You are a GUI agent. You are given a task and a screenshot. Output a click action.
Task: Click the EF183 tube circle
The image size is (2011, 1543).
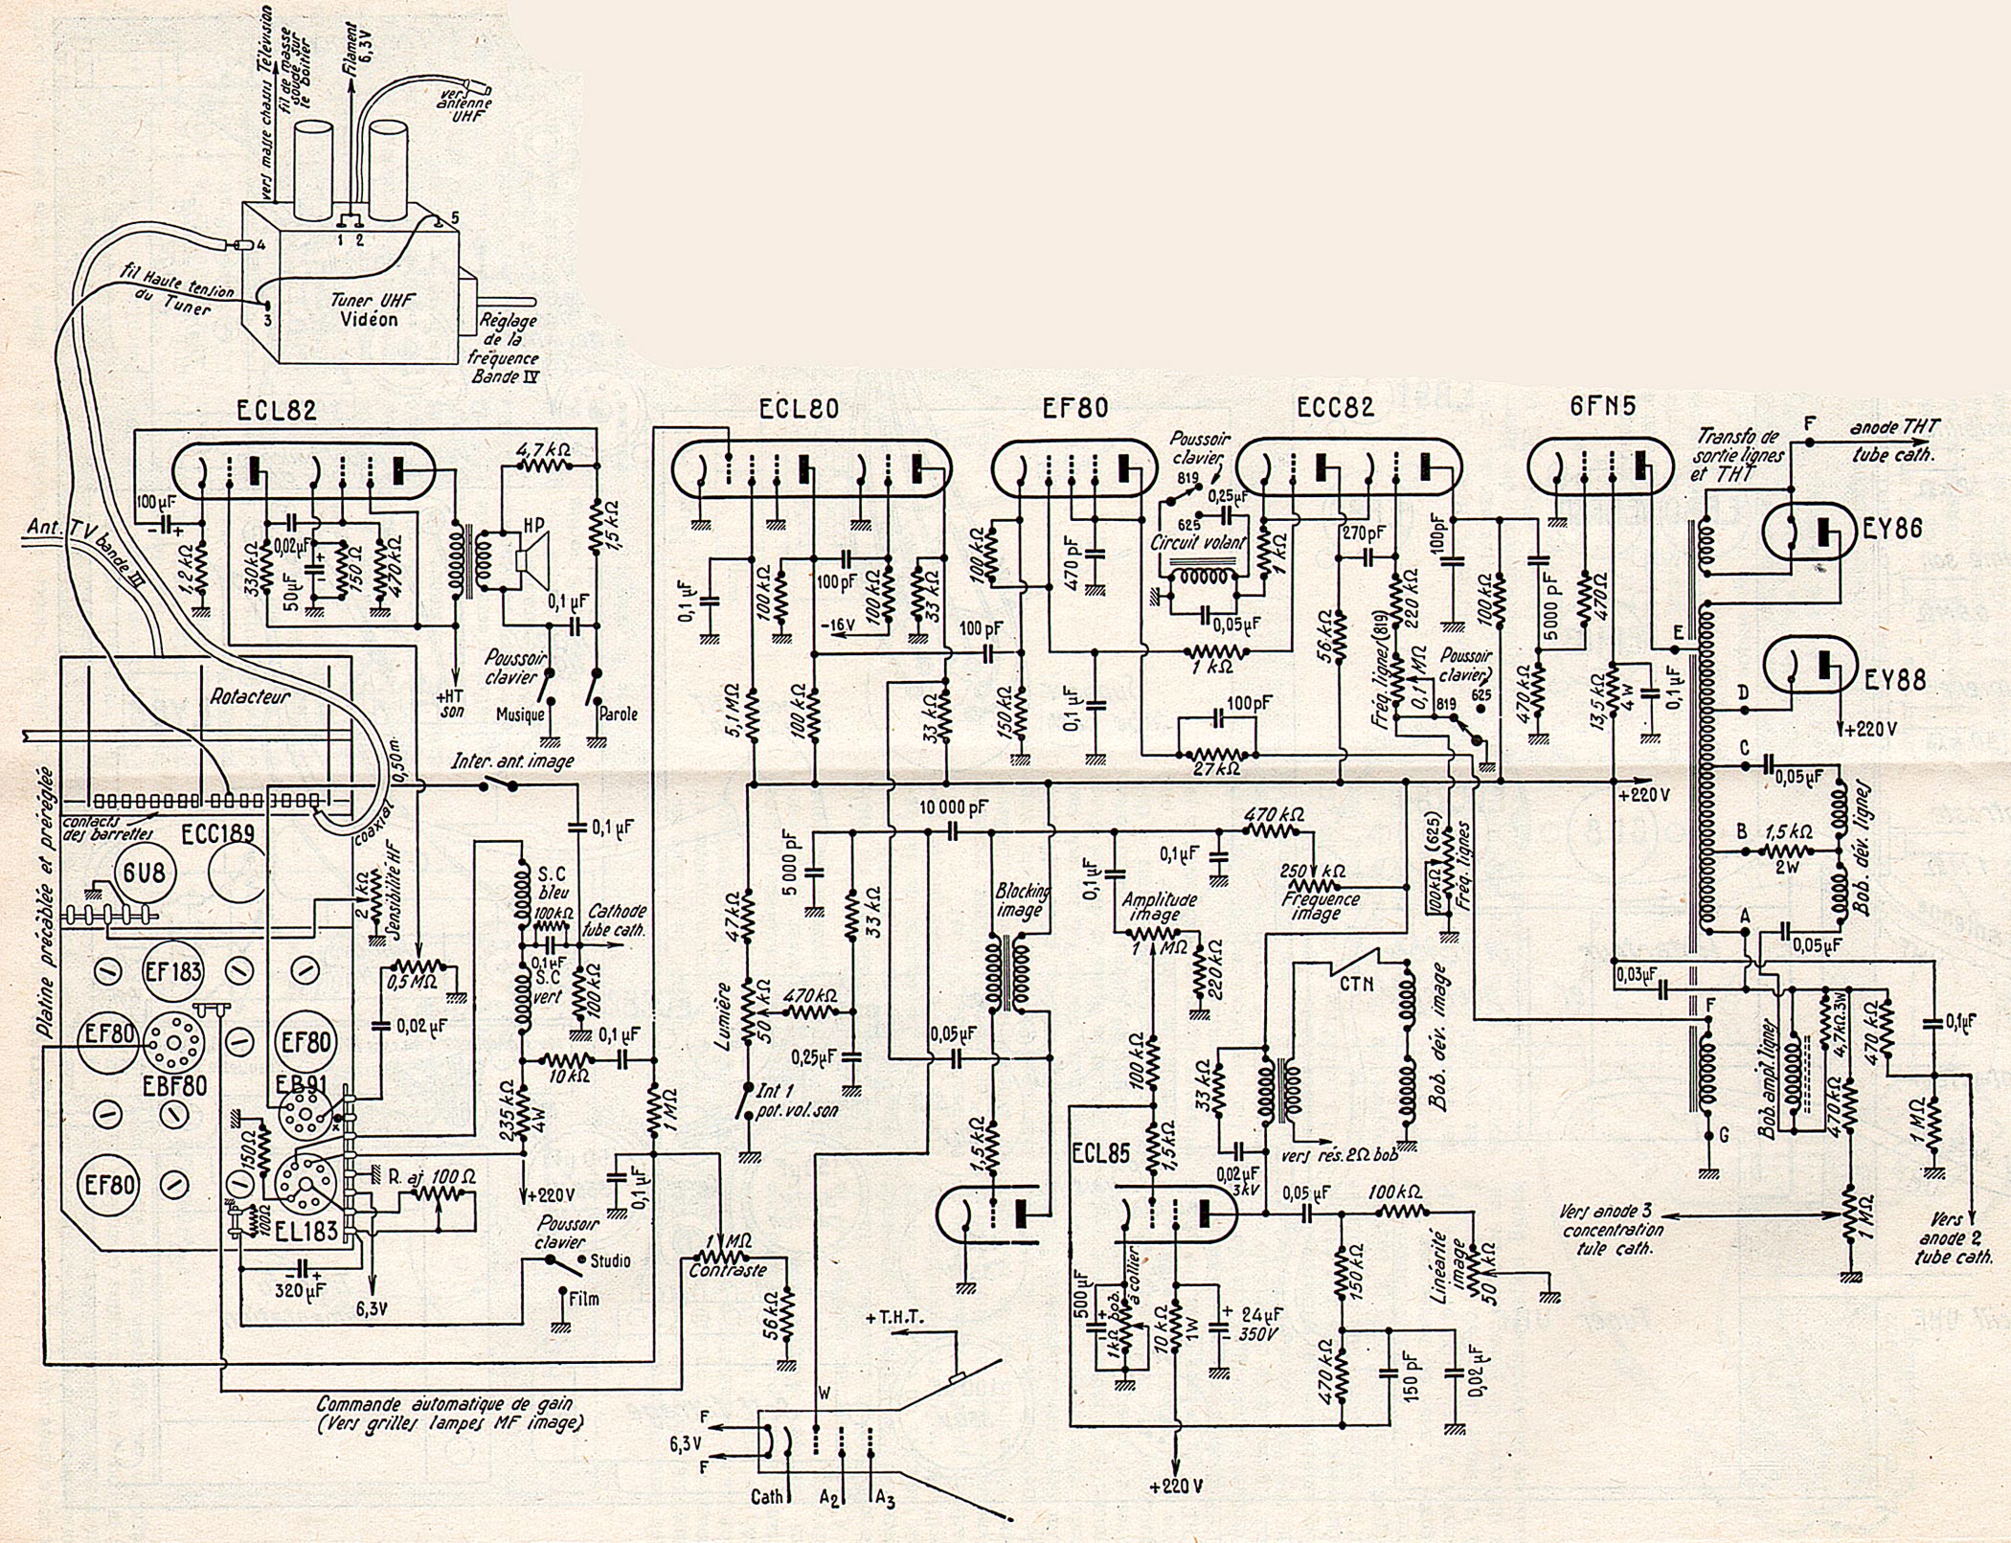point(173,972)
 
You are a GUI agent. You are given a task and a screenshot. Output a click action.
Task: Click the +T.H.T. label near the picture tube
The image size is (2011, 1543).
point(893,1317)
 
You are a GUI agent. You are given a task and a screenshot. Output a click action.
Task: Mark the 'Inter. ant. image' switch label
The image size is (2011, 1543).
point(512,761)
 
